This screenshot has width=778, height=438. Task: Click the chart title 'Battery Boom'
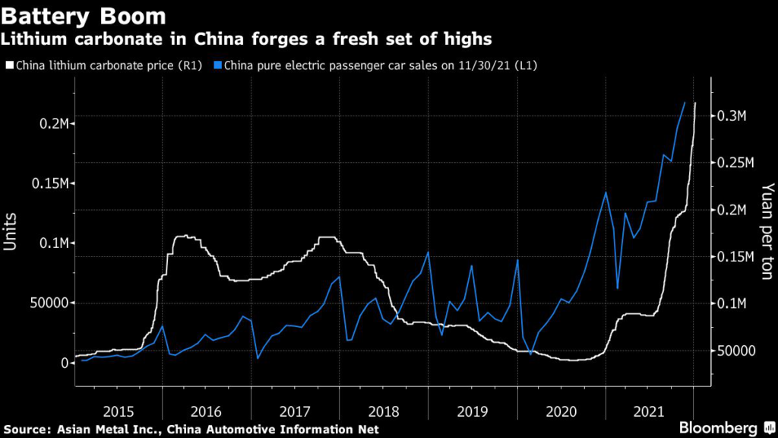coord(84,16)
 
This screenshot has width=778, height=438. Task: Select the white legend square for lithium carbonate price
coord(9,65)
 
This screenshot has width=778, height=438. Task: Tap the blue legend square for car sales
coord(217,65)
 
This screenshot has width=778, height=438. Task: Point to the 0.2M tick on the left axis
coord(54,124)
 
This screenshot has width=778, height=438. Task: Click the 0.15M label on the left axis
coord(50,183)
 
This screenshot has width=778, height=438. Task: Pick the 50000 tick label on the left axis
coord(49,303)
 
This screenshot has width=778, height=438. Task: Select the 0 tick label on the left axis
coord(64,363)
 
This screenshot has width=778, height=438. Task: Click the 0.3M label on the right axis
coord(732,116)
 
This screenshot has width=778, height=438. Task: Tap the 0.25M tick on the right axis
coord(735,163)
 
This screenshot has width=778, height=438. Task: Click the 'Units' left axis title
coord(10,231)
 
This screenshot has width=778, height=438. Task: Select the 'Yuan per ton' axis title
coord(767,231)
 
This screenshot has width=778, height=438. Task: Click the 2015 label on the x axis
coord(119,411)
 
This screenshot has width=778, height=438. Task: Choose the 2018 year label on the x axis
coord(384,411)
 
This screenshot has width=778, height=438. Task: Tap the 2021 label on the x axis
coord(649,411)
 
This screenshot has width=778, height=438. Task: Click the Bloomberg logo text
coord(718,427)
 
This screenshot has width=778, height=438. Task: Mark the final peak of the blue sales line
coord(685,103)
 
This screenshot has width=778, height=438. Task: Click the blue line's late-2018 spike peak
coord(429,252)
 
